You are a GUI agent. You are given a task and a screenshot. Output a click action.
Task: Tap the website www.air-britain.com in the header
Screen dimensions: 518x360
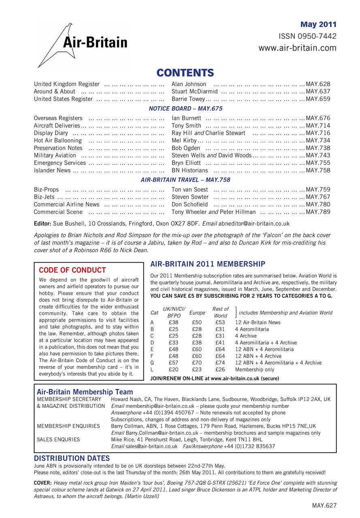tap(297, 48)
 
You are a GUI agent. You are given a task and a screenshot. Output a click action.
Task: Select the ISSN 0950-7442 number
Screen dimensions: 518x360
tap(307, 36)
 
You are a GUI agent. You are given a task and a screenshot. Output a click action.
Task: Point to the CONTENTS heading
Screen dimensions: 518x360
tap(185, 72)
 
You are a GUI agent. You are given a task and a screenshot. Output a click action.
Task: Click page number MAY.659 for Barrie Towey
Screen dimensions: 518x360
tap(318, 99)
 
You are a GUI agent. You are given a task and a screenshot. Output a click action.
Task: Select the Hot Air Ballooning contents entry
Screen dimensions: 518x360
tap(58, 140)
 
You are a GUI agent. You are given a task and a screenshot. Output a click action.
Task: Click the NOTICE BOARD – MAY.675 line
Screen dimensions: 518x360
tap(185, 108)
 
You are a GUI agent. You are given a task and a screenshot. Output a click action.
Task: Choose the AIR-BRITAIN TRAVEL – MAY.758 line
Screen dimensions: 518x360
tap(185, 179)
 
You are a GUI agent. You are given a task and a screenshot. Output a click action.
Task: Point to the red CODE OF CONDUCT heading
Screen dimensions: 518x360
tap(72, 270)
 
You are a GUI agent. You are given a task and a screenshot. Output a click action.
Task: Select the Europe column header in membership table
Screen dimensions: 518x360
tap(197, 313)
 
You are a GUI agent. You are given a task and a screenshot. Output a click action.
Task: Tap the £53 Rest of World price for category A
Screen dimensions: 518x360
tap(220, 322)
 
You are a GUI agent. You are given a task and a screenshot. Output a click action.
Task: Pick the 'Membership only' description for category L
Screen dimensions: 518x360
tap(254, 369)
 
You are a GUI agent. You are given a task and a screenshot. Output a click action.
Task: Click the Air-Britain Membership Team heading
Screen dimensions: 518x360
tap(85, 392)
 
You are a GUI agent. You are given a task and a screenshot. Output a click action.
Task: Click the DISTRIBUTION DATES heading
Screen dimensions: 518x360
tap(72, 458)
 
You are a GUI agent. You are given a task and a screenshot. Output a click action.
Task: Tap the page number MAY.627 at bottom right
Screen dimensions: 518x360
tap(324, 505)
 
